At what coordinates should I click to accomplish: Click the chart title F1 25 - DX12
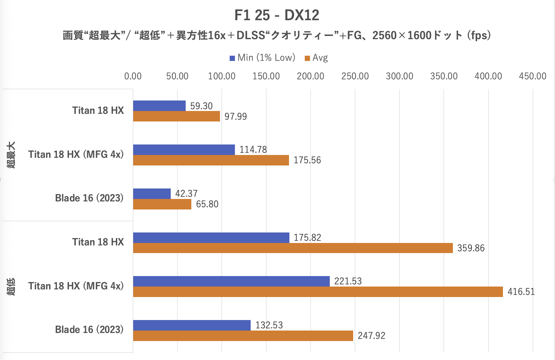click(277, 15)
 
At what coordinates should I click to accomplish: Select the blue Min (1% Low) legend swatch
click(232, 58)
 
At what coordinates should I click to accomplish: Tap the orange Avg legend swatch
click(308, 58)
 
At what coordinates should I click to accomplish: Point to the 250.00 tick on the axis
click(355, 76)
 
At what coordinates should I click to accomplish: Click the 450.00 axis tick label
click(532, 76)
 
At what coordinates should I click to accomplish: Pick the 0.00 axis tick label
click(133, 76)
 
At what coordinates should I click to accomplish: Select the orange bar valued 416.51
click(318, 292)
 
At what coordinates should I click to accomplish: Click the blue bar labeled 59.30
click(159, 106)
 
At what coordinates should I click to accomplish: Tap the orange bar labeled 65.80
click(162, 204)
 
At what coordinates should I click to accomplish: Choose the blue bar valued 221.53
click(231, 281)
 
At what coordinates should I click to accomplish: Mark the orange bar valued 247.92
click(243, 336)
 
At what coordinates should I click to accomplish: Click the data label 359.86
click(471, 248)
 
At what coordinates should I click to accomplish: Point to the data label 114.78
click(253, 150)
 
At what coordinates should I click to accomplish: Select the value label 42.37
click(186, 194)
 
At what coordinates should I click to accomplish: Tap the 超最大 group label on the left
click(11, 155)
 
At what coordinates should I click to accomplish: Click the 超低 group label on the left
click(11, 287)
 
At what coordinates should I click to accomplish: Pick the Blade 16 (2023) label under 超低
click(89, 330)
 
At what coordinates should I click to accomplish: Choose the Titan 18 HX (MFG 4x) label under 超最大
click(76, 155)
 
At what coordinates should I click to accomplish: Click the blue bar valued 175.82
click(211, 238)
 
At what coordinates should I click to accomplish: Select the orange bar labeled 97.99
click(176, 116)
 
